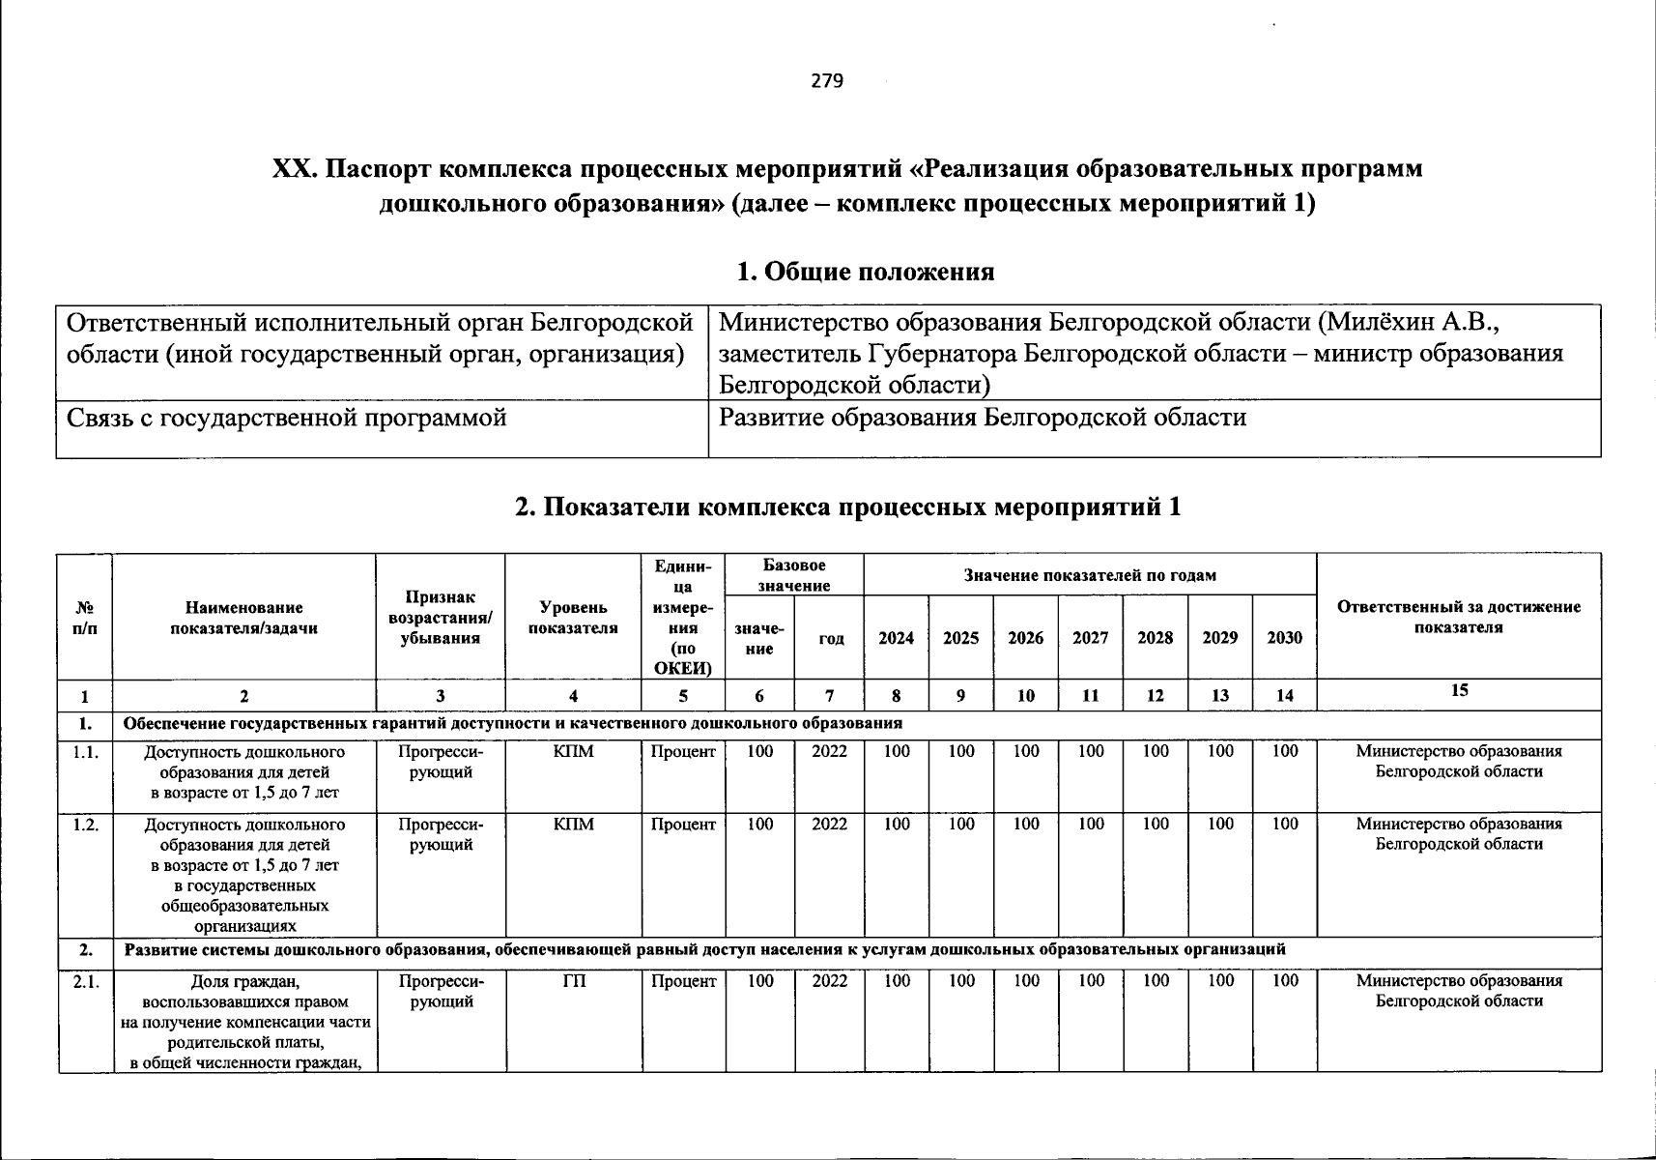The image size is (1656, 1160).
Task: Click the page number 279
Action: click(x=827, y=81)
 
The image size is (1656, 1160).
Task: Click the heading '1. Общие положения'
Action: click(x=865, y=272)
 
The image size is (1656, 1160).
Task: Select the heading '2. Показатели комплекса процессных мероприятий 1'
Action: click(x=847, y=507)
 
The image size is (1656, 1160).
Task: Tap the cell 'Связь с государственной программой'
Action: click(x=286, y=419)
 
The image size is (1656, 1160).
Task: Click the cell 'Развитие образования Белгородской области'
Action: click(x=983, y=418)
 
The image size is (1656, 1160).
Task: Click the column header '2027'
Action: click(x=1090, y=638)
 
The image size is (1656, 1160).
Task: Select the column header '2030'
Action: click(x=1284, y=638)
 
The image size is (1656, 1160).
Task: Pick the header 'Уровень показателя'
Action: click(x=574, y=618)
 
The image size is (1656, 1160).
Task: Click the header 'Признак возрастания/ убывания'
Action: click(x=440, y=618)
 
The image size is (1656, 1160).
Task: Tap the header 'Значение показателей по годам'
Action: click(x=1090, y=575)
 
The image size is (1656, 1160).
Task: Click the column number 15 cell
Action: click(x=1459, y=690)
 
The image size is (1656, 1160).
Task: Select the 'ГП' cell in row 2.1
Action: click(x=574, y=981)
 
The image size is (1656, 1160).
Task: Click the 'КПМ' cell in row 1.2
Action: click(x=574, y=825)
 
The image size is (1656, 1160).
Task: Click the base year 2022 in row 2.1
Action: click(x=829, y=981)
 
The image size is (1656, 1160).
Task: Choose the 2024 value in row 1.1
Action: click(x=897, y=751)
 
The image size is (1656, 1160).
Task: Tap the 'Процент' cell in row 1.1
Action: click(x=683, y=752)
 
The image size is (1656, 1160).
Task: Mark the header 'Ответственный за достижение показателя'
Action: click(x=1459, y=617)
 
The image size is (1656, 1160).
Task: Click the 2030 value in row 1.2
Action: click(x=1284, y=824)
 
